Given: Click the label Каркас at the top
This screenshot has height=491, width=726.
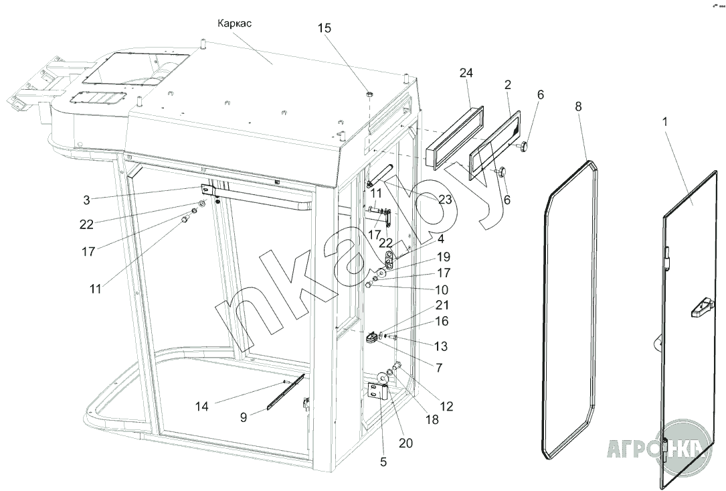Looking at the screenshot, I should coord(234,23).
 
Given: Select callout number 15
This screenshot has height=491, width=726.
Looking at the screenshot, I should coord(324,28).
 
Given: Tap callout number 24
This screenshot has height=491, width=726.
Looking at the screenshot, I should coord(466,72).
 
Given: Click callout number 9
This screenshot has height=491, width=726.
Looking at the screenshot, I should coord(244,417).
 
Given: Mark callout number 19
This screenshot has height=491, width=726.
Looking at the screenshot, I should coord(444,257).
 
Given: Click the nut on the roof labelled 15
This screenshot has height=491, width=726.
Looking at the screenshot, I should coord(369,94).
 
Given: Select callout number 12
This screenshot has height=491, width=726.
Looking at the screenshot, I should coord(446,405).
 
